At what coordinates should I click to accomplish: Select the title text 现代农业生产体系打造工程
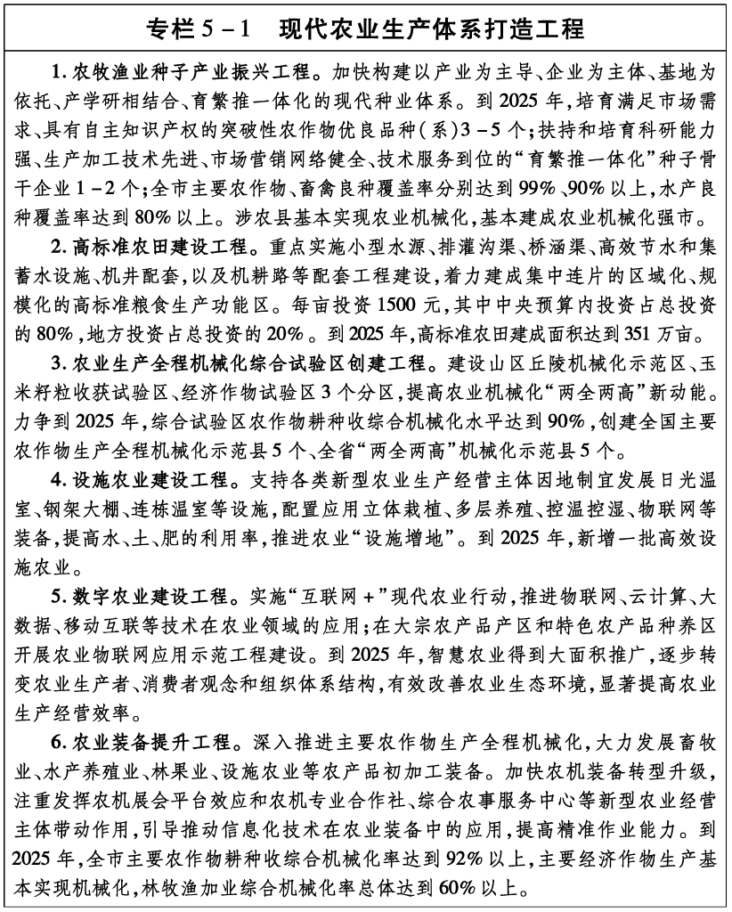[431, 29]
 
